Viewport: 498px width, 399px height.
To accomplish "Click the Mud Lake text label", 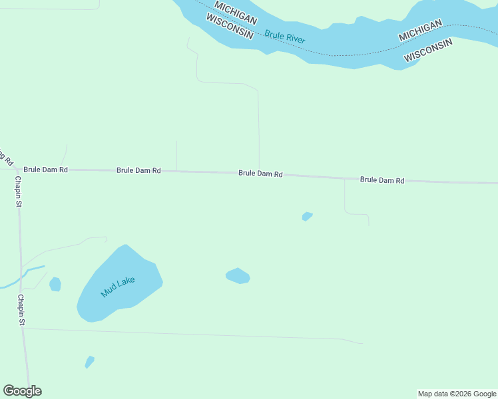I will (x=118, y=287).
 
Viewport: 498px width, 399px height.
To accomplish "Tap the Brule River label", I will (x=285, y=37).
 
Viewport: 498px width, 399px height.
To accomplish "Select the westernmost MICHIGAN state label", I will (x=236, y=14).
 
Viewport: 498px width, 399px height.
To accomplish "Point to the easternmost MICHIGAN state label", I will (x=420, y=30).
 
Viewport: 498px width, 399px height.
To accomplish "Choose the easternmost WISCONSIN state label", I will (x=428, y=50).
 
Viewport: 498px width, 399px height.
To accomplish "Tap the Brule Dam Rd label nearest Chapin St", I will (x=45, y=170).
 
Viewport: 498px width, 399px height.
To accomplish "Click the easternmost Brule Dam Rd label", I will (x=382, y=180).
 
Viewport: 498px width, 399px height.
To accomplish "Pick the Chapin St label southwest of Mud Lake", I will (x=21, y=310).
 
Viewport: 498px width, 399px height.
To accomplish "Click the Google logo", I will (x=22, y=391).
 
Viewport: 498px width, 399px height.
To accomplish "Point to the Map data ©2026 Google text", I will (x=457, y=394).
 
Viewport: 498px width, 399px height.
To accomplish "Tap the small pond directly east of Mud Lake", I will (x=238, y=275).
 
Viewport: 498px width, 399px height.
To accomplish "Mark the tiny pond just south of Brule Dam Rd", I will (x=307, y=216).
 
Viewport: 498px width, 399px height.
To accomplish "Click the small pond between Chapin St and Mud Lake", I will (x=55, y=284).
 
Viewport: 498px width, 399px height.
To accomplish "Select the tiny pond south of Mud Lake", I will (x=89, y=362).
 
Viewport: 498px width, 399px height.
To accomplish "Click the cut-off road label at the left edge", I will (x=6, y=157).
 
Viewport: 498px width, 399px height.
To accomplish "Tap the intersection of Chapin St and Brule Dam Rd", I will (x=17, y=170).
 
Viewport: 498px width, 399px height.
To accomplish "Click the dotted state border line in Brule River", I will (x=346, y=55).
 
